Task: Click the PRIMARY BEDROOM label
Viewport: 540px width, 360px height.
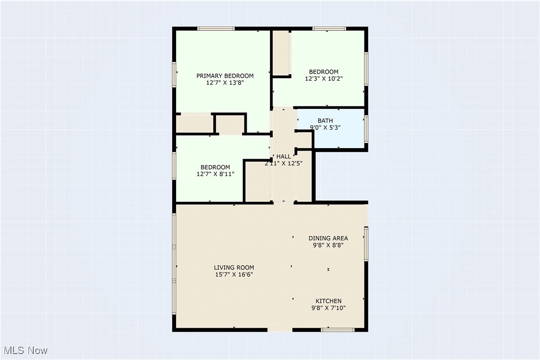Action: pyautogui.click(x=225, y=76)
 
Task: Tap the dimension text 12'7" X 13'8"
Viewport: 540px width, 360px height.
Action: pyautogui.click(x=225, y=83)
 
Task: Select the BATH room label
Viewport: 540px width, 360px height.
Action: pyautogui.click(x=326, y=121)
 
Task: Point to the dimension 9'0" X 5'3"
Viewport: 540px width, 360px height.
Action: pyautogui.click(x=326, y=128)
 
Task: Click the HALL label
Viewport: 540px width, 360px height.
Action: pyautogui.click(x=283, y=157)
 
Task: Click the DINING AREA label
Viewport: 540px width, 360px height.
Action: pyautogui.click(x=328, y=238)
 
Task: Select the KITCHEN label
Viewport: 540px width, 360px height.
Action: pyautogui.click(x=329, y=301)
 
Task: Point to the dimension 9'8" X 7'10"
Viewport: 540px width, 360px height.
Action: pyautogui.click(x=329, y=308)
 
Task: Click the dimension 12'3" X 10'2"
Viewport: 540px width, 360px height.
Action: pyautogui.click(x=324, y=79)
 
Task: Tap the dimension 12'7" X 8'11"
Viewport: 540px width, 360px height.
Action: pyautogui.click(x=215, y=174)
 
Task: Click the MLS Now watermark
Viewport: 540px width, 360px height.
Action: pyautogui.click(x=24, y=351)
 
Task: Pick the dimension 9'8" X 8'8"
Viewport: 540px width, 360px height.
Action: pyautogui.click(x=328, y=245)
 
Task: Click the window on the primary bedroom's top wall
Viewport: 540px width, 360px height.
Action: pyautogui.click(x=216, y=28)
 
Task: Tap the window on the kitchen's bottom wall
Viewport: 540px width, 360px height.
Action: pyautogui.click(x=338, y=330)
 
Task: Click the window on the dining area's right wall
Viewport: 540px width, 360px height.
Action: pyautogui.click(x=366, y=244)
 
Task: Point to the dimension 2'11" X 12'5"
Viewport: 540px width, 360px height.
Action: pyautogui.click(x=283, y=163)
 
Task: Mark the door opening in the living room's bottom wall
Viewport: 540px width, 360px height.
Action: pyautogui.click(x=280, y=330)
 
